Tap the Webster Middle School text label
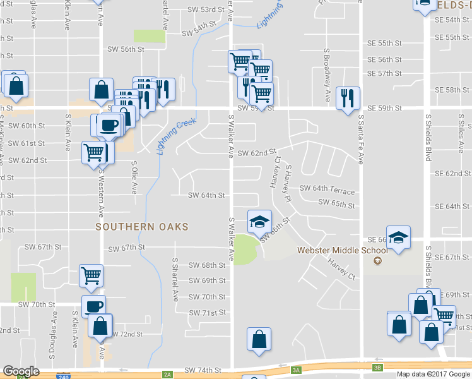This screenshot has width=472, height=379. [333, 250]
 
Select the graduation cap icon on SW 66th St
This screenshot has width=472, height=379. [259, 222]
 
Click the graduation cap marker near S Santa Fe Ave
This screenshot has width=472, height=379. [398, 238]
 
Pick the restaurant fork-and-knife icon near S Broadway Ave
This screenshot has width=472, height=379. [348, 98]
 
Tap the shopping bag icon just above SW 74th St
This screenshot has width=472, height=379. [259, 339]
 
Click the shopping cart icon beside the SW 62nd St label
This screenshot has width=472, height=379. [93, 152]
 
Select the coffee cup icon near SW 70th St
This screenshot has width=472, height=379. [93, 306]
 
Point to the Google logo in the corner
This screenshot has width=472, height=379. [21, 371]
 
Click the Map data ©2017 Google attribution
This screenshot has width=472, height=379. [433, 374]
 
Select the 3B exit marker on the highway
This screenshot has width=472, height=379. [377, 367]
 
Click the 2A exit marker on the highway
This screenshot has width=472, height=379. [167, 374]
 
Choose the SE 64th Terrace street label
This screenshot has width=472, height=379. [327, 188]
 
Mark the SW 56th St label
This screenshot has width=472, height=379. [126, 49]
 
